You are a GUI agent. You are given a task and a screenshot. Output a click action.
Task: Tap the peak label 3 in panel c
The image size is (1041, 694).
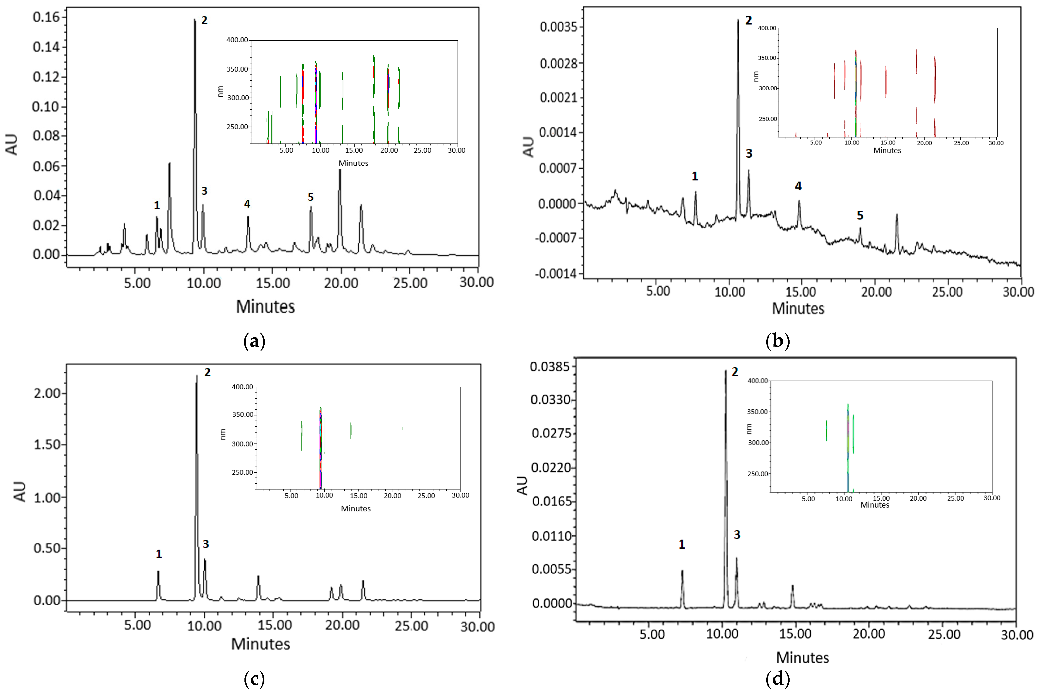tap(206, 544)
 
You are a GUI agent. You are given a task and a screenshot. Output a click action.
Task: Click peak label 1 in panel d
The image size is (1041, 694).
tap(682, 544)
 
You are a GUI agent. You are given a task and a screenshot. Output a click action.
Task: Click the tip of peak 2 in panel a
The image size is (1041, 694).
tap(194, 19)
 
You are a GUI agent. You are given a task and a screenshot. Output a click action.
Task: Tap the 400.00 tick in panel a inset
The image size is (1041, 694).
tap(237, 40)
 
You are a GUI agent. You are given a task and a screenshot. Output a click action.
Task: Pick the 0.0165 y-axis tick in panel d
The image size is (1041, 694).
tap(551, 502)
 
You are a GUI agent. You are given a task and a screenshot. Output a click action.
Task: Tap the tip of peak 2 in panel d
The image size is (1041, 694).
tap(725, 371)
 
